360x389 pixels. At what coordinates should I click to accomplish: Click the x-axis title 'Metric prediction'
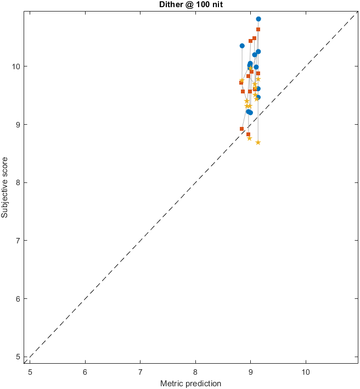(190, 383)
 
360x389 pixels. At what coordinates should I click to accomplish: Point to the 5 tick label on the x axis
(30, 371)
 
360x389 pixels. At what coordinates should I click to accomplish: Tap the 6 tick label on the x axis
(85, 371)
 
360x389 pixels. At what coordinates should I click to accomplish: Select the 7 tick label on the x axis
(140, 371)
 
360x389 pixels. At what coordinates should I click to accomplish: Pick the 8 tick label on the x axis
(195, 371)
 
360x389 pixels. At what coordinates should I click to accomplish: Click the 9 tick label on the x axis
(251, 371)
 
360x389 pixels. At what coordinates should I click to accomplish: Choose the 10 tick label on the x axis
(306, 371)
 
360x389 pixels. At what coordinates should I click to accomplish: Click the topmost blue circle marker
(258, 19)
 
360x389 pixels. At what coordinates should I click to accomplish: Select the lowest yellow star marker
(258, 142)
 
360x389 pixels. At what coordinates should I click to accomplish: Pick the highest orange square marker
(258, 29)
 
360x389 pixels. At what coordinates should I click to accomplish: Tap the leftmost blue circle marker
(242, 46)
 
